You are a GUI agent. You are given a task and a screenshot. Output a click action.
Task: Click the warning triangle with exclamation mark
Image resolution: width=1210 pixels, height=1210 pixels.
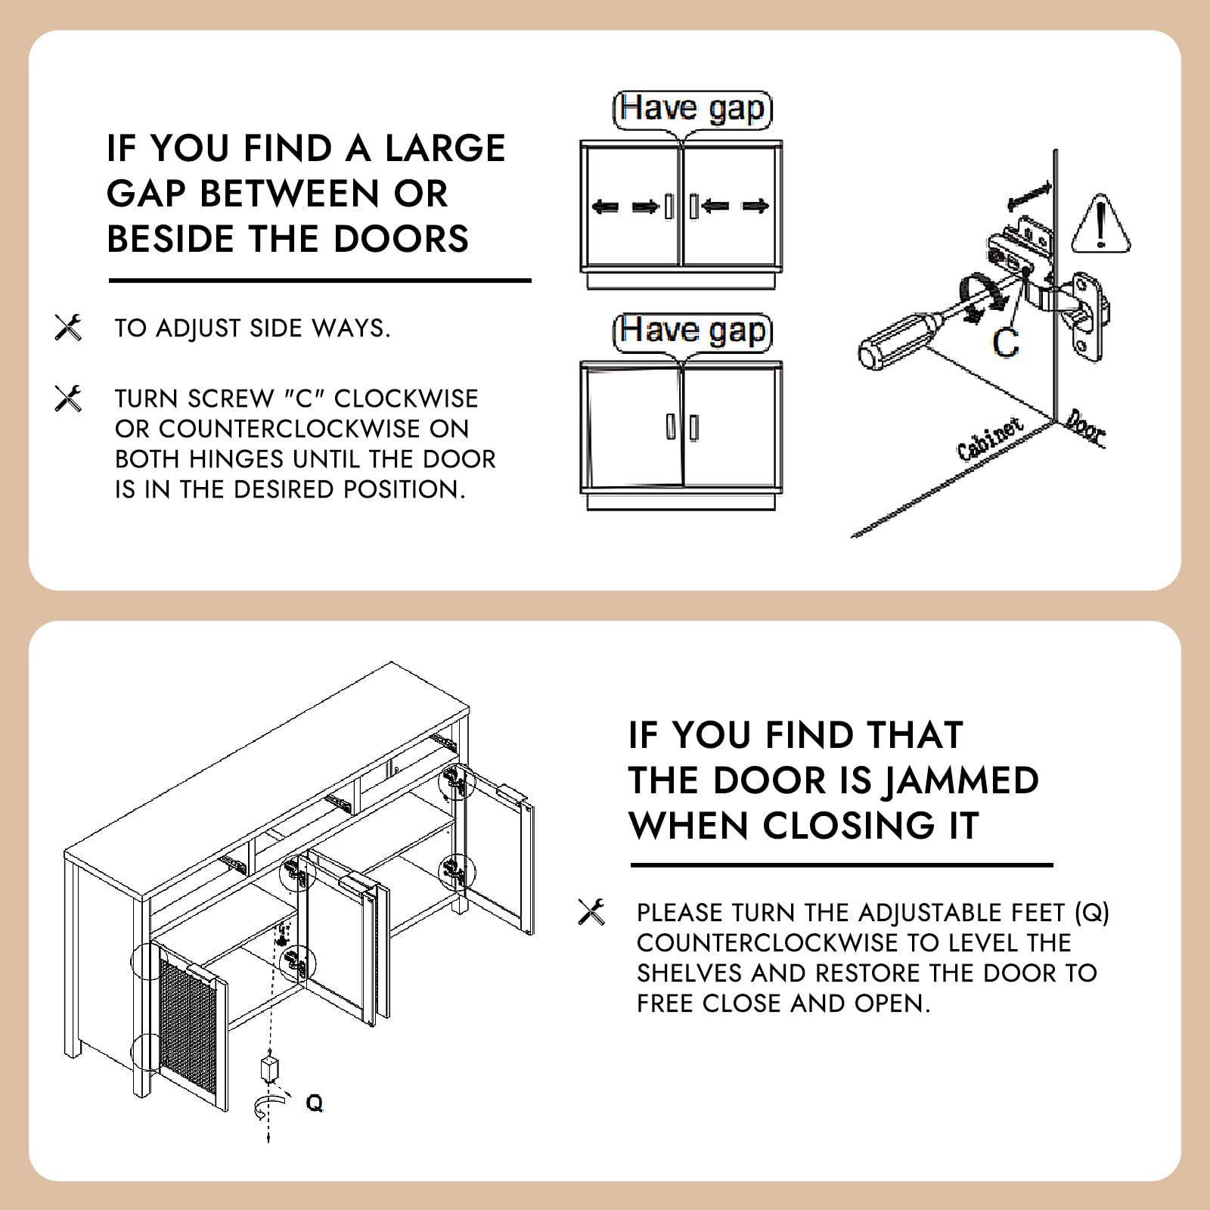[1101, 224]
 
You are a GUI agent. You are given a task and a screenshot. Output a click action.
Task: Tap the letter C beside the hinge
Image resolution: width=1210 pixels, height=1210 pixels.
[1006, 342]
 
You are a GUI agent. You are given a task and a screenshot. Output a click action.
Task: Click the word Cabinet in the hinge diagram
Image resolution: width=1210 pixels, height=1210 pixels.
[991, 438]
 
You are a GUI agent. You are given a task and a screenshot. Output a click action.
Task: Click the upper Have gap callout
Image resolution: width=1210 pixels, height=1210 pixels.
[692, 109]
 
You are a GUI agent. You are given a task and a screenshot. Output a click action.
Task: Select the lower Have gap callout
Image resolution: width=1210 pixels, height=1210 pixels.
[692, 331]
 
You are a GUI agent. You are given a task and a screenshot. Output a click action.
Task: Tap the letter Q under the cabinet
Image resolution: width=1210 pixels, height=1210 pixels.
[314, 1103]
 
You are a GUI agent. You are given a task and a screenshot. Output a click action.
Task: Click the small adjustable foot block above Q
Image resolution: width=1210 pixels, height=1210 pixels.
[269, 1069]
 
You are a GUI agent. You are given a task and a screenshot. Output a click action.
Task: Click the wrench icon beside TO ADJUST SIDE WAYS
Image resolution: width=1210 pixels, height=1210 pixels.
[68, 327]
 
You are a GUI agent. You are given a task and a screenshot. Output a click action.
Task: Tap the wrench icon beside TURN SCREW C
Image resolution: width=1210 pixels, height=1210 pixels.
[68, 399]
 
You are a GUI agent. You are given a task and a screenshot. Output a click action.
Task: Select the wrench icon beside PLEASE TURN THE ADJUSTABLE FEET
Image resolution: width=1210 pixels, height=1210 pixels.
[591, 912]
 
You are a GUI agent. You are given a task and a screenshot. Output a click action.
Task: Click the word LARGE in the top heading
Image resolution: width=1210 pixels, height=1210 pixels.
[445, 148]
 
